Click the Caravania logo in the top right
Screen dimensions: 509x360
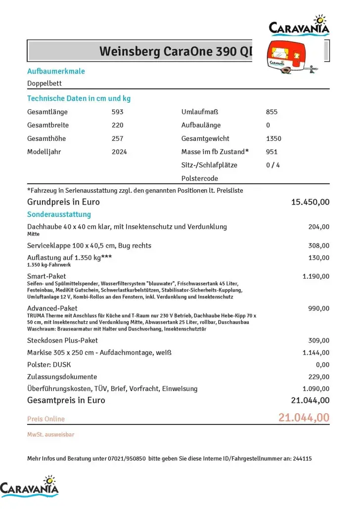click(x=299, y=25)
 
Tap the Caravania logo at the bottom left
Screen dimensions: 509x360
click(x=30, y=486)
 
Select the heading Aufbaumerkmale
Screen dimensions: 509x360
click(x=56, y=71)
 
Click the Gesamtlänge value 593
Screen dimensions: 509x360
click(x=118, y=112)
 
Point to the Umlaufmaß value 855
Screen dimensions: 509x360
click(x=271, y=112)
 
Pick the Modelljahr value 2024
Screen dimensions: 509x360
click(x=119, y=152)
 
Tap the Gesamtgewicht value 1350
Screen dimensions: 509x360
click(x=273, y=138)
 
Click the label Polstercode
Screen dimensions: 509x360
click(x=200, y=178)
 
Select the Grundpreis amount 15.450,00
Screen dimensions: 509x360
click(x=310, y=202)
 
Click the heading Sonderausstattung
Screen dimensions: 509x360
click(x=59, y=214)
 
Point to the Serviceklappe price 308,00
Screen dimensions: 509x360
click(x=318, y=246)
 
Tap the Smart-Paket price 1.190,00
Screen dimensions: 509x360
click(x=315, y=276)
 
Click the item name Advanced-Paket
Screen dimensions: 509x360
click(x=52, y=308)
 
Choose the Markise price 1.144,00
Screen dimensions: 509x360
click(x=315, y=352)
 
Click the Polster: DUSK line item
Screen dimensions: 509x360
click(x=49, y=365)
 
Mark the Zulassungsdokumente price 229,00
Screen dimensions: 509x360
click(x=318, y=377)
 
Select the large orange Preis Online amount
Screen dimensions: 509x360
click(x=304, y=418)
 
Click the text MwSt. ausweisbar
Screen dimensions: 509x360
click(x=50, y=434)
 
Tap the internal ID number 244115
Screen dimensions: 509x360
click(x=302, y=459)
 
